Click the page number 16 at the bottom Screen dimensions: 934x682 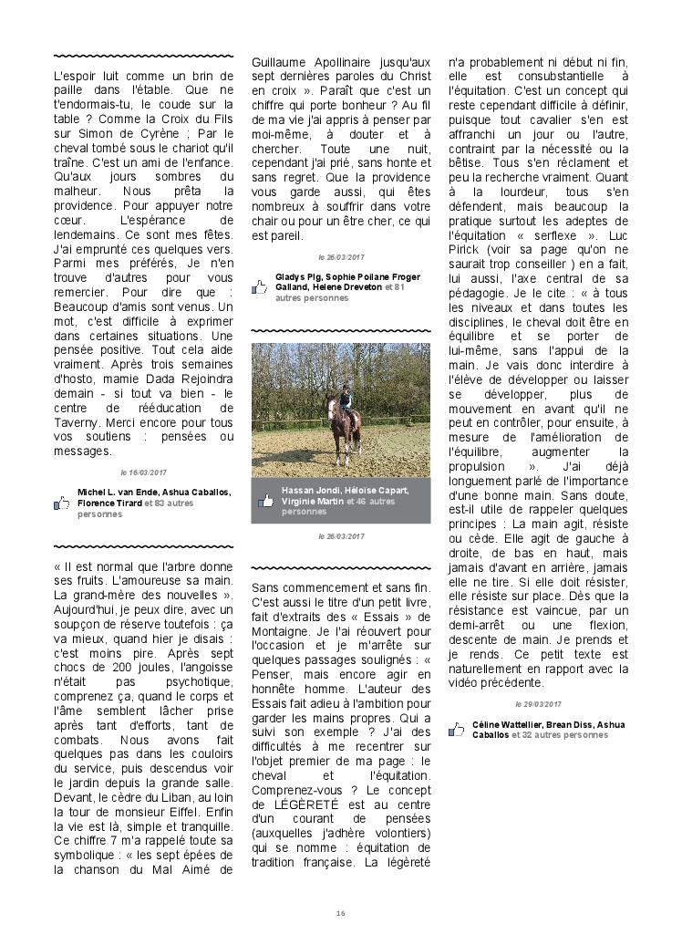(341, 913)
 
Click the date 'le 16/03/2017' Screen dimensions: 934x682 (144, 472)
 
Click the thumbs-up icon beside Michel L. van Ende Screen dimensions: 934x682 (62, 503)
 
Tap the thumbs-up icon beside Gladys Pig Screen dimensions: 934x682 (260, 286)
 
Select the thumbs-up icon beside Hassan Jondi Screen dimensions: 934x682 (266, 501)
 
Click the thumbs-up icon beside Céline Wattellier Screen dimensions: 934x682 (457, 730)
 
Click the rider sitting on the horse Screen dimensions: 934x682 (346, 403)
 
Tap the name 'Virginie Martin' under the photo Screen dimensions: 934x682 (313, 501)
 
